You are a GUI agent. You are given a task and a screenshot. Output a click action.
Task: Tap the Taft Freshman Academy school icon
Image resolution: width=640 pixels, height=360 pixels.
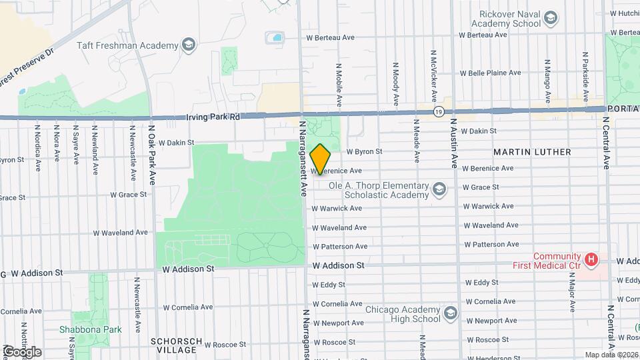[189, 45]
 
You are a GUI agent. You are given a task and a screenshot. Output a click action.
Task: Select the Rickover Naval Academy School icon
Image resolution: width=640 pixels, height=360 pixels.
[551, 17]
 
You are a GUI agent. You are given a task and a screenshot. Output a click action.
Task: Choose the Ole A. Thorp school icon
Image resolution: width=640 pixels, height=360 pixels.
[439, 190]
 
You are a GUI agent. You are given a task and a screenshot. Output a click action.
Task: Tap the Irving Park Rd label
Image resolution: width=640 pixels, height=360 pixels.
[212, 117]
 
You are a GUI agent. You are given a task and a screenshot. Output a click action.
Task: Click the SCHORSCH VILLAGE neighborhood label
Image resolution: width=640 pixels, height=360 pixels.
[173, 345]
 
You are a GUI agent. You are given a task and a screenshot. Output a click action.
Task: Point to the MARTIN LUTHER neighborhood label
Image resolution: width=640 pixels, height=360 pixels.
[532, 152]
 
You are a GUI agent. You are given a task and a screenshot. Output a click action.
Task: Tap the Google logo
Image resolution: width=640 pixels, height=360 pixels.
[21, 351]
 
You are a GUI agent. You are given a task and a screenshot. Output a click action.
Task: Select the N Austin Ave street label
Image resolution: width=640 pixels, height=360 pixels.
[454, 143]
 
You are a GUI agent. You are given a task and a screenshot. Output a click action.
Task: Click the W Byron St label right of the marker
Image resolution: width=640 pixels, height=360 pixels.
[363, 151]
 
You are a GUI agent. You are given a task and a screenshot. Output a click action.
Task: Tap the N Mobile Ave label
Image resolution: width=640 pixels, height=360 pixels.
[339, 85]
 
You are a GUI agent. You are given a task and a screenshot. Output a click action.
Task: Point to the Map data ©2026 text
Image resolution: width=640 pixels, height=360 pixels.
[611, 355]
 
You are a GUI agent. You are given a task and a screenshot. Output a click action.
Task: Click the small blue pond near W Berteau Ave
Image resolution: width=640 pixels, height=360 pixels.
[274, 37]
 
